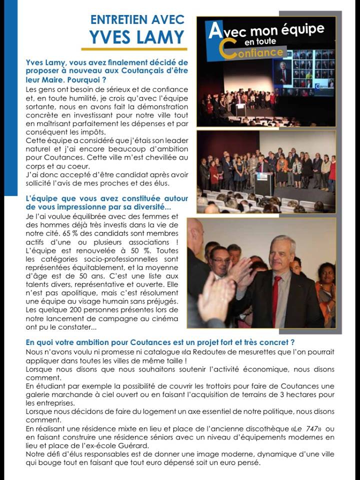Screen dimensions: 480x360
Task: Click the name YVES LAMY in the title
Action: click(137, 36)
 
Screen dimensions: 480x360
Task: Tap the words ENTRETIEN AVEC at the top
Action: click(137, 19)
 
